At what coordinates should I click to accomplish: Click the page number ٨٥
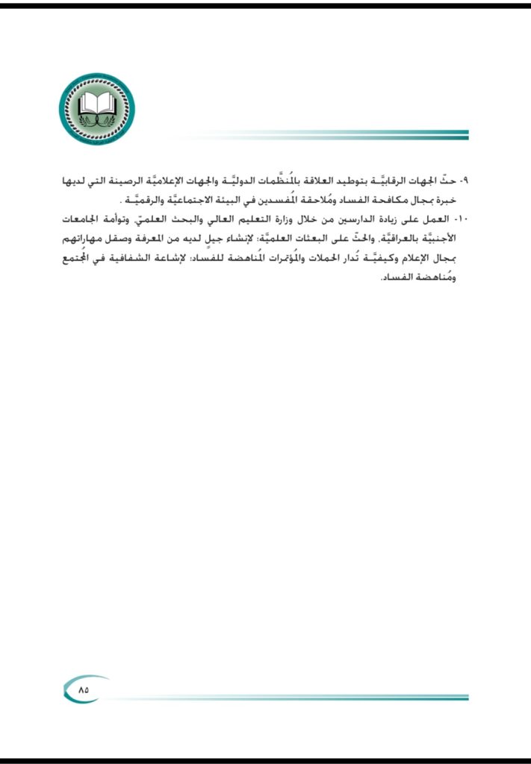83,689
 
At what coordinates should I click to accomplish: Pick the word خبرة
455,201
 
